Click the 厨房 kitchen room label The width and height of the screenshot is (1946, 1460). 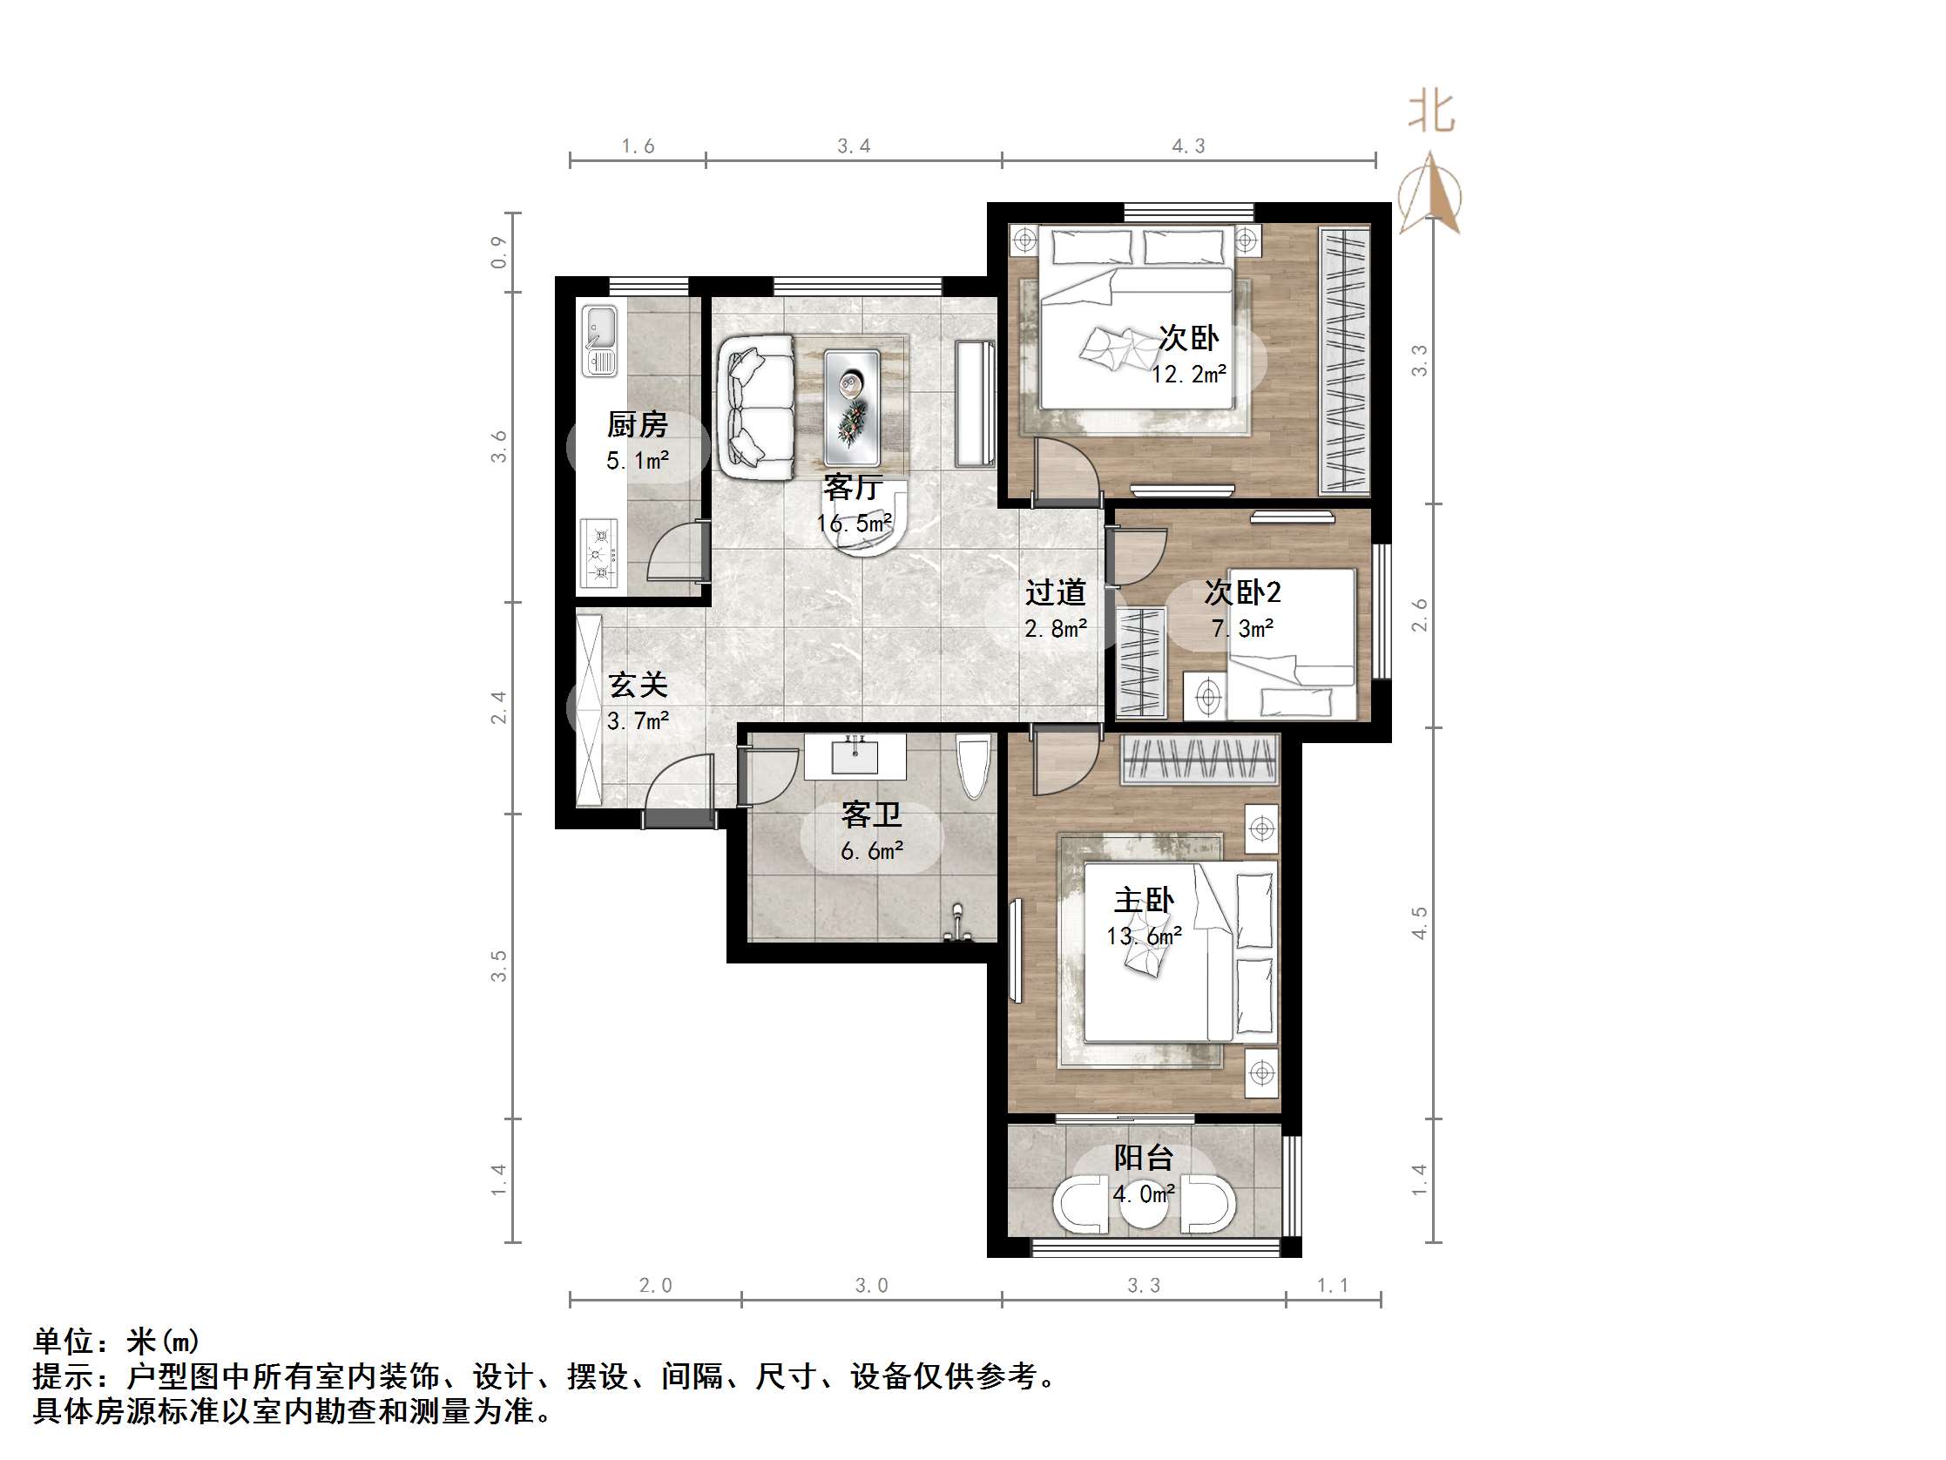point(637,425)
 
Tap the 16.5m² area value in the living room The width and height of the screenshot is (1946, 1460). point(854,524)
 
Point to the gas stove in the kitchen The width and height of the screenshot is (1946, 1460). point(599,553)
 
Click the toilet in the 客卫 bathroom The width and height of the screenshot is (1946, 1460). point(974,766)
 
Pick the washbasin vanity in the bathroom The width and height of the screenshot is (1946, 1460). point(855,758)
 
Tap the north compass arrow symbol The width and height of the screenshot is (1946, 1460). point(1430,193)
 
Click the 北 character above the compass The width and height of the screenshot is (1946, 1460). point(1431,112)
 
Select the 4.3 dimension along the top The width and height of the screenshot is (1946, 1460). point(1187,146)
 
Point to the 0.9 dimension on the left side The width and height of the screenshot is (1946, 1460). point(499,252)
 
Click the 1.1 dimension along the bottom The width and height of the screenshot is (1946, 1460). point(1332,1286)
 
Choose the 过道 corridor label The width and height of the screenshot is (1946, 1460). point(1055,592)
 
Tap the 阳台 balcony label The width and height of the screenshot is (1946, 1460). point(1144,1157)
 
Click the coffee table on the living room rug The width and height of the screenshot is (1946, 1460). point(852,408)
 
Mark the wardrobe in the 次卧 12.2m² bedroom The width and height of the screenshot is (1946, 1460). point(1345,360)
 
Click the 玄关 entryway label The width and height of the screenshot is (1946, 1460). point(638,685)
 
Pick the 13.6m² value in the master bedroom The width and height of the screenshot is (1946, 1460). point(1144,936)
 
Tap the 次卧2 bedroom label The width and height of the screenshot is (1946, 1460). point(1242,592)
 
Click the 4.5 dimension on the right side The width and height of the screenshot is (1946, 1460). point(1419,923)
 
